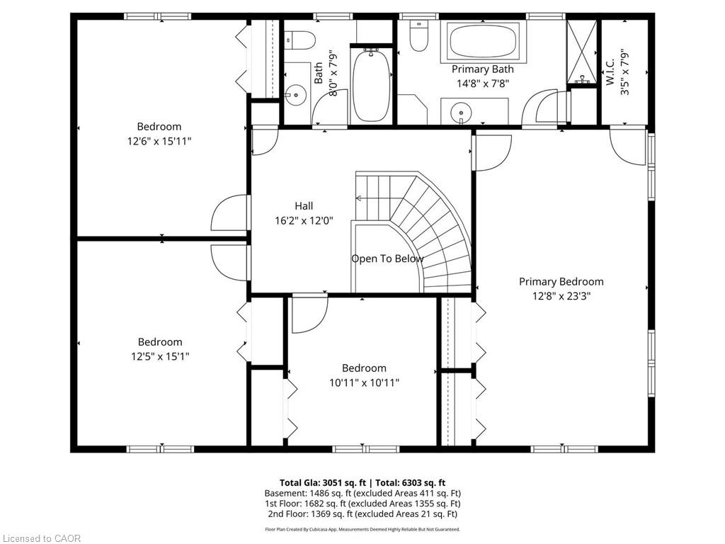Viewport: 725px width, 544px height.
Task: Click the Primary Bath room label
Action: pyautogui.click(x=482, y=69)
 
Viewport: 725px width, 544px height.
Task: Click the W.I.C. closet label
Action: pyautogui.click(x=610, y=72)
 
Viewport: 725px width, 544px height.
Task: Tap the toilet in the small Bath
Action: pyautogui.click(x=300, y=40)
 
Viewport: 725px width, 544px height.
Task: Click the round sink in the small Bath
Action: pyautogui.click(x=295, y=96)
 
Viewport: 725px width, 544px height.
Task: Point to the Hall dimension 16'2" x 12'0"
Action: pyautogui.click(x=304, y=221)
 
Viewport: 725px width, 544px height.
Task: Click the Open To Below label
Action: pyautogui.click(x=387, y=259)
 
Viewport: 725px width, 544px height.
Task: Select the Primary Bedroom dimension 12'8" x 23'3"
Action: pyautogui.click(x=561, y=296)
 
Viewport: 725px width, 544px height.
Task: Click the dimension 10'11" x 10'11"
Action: pyautogui.click(x=364, y=382)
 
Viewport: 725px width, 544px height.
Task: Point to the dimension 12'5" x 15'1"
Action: pyautogui.click(x=160, y=357)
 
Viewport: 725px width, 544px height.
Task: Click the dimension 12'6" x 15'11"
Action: pyautogui.click(x=159, y=141)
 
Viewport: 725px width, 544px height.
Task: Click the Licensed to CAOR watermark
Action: pyautogui.click(x=41, y=538)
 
